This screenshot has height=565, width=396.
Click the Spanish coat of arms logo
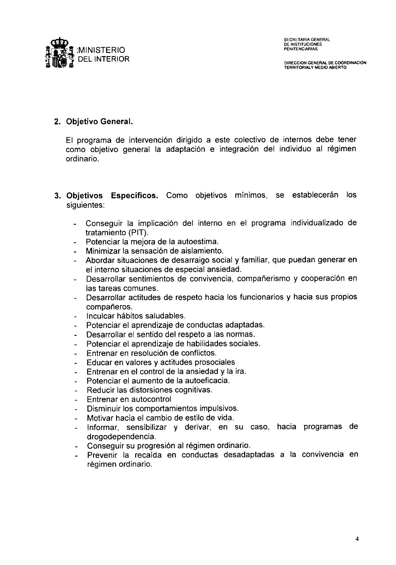coord(59,53)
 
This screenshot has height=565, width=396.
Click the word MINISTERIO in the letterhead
coord(101,50)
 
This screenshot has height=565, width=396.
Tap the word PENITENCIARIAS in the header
coord(301,49)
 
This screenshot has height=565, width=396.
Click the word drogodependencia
coord(121,436)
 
